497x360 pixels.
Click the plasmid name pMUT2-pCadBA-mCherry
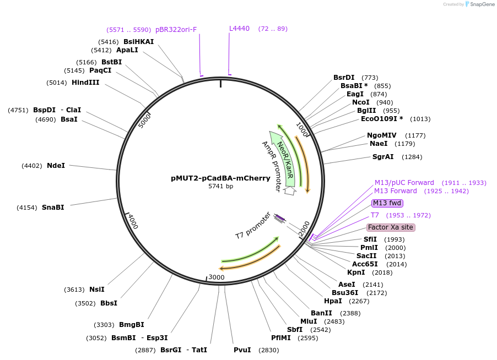[x=220, y=178]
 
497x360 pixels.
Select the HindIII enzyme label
[x=85, y=83]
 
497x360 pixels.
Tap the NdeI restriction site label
[x=56, y=166]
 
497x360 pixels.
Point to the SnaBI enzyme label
[x=53, y=208]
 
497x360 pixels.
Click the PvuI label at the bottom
[x=242, y=350]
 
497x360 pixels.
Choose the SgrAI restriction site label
[x=383, y=157]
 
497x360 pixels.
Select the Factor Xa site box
[x=391, y=227]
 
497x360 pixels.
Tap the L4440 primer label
[x=239, y=29]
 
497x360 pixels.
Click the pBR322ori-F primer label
[x=176, y=29]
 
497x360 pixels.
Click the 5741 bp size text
[x=220, y=187]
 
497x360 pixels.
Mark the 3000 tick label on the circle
[x=217, y=277]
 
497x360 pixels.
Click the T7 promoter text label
[x=253, y=225]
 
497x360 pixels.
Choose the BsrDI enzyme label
[x=344, y=78]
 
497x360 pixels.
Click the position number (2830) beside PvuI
[x=269, y=350]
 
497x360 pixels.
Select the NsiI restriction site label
[x=96, y=290]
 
